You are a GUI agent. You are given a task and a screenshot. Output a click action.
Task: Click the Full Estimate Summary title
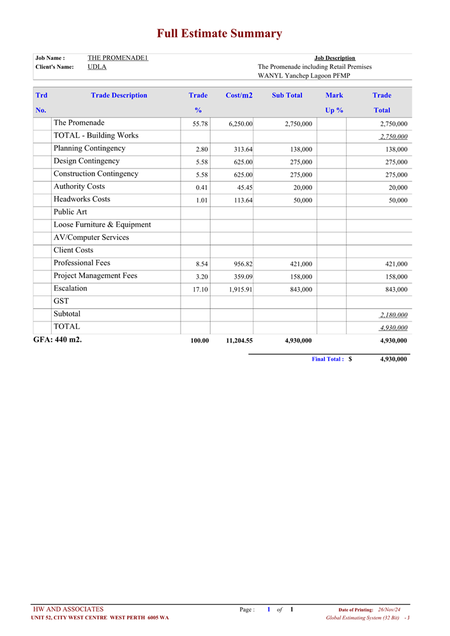tap(220, 34)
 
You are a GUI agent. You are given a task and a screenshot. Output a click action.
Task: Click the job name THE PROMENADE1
tap(118, 58)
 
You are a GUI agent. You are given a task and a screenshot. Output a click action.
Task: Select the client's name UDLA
tap(97, 66)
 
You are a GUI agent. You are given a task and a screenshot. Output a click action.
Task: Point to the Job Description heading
tap(334, 58)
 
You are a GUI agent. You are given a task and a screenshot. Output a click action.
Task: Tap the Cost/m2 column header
tap(239, 96)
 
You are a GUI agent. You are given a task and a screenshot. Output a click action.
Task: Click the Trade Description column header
tap(119, 96)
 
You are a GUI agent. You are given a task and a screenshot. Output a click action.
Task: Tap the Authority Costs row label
tap(79, 187)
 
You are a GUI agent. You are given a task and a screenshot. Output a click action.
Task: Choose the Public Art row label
tap(70, 212)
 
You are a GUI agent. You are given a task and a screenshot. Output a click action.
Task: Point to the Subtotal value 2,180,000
tap(393, 315)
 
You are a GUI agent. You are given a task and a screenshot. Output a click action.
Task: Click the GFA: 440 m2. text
tap(57, 339)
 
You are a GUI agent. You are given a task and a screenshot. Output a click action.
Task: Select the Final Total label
tap(327, 359)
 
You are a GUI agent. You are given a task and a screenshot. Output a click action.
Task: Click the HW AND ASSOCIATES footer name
tap(68, 609)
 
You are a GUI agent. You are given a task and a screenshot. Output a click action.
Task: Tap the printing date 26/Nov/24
tap(389, 610)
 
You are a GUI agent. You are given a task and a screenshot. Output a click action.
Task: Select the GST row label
tap(61, 301)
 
